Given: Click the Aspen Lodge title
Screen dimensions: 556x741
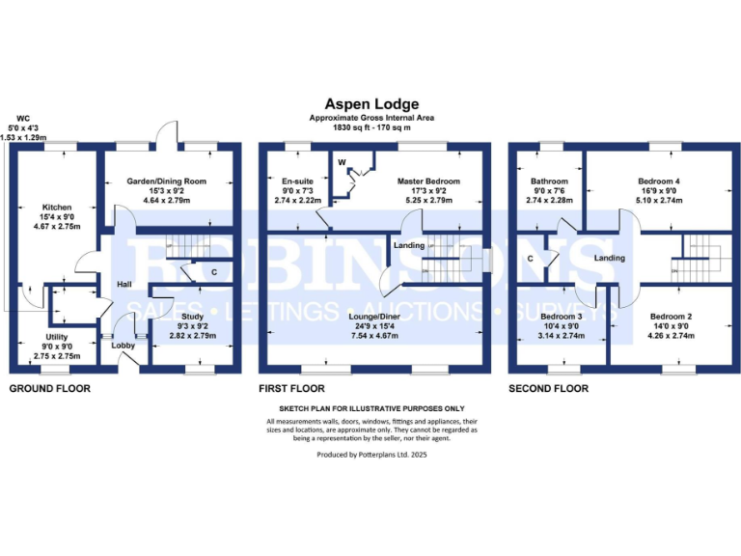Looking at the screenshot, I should click(370, 102).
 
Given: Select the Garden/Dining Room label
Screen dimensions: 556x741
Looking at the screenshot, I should click(169, 181).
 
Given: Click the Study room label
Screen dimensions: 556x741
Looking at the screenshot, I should click(192, 315).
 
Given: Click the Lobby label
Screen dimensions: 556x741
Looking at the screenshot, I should click(123, 345).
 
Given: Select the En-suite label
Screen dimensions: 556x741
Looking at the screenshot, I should click(296, 181).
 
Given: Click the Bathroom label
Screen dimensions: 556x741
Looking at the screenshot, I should click(549, 181).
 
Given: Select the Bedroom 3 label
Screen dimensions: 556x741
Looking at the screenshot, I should click(561, 316).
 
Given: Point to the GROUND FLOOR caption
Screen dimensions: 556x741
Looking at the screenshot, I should click(49, 388).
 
